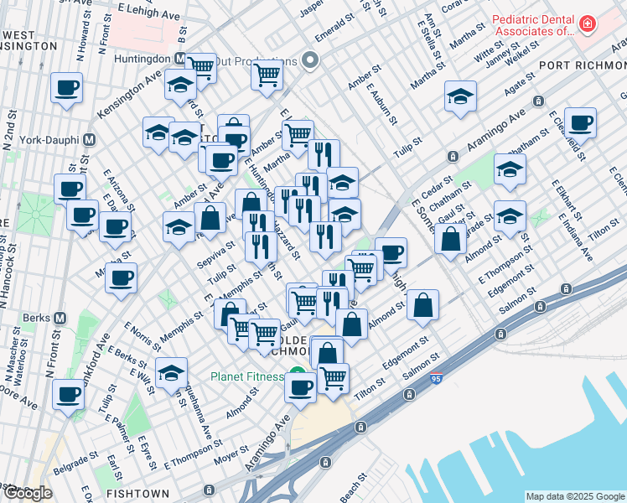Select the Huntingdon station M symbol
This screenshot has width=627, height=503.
(180, 59)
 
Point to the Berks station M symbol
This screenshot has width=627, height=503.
(59, 319)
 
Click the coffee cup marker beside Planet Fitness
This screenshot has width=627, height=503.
(300, 387)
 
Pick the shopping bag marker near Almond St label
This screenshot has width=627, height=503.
(423, 306)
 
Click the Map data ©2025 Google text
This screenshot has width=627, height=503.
(575, 496)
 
